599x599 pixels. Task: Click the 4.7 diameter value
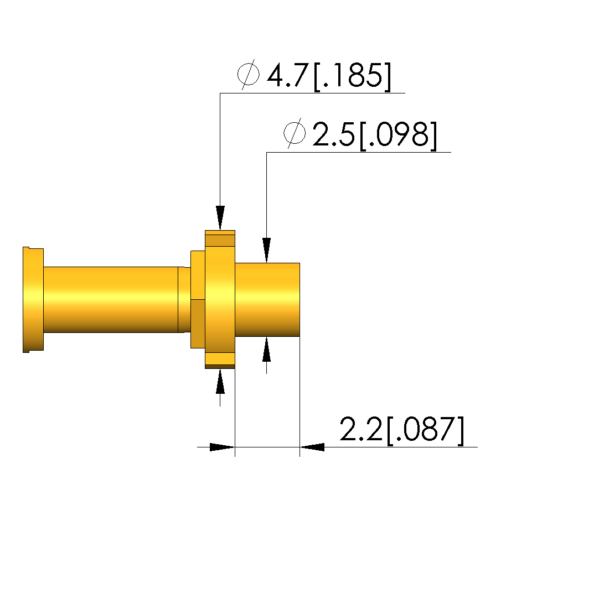coord(287,75)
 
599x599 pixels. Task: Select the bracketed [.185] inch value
coord(353,76)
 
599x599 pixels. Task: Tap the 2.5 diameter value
coord(334,134)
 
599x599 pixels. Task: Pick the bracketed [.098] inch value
coord(398,136)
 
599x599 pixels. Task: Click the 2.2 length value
coord(361,429)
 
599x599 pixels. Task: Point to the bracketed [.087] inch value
coord(426,430)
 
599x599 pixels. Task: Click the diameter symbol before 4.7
coord(248,74)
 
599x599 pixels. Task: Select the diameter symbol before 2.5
coord(295,133)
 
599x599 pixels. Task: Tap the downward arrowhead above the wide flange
coord(220,218)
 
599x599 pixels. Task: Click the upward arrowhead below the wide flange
coord(220,381)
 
